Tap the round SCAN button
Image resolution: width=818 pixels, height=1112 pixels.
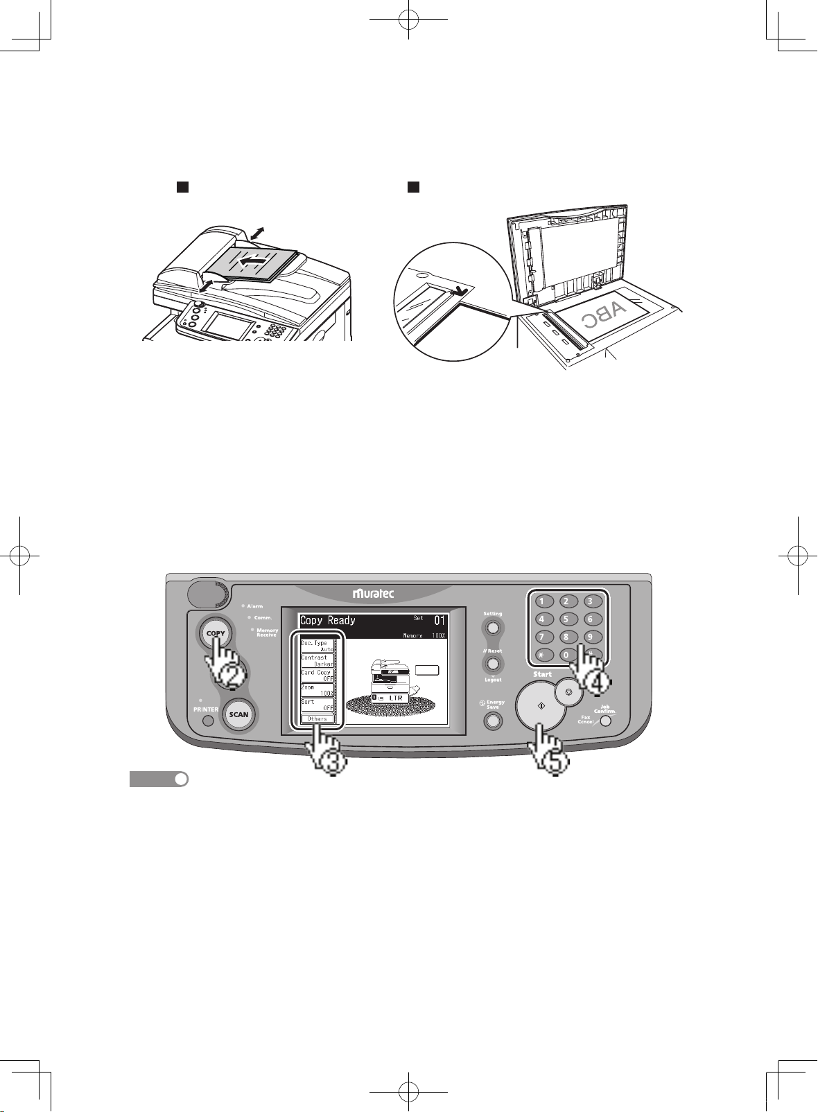[238, 714]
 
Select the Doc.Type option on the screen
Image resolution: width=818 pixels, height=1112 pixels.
[317, 646]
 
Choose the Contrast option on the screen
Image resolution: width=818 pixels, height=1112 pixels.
[317, 661]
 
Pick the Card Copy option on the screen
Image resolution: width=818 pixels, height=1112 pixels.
[317, 676]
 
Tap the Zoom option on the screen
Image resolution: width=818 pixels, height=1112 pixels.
[317, 690]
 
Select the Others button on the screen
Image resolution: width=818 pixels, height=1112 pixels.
[317, 719]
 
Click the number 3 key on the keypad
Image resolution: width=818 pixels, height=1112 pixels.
[590, 601]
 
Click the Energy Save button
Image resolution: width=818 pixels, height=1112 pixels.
[493, 721]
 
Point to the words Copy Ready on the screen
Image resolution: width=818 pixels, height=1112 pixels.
[328, 621]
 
